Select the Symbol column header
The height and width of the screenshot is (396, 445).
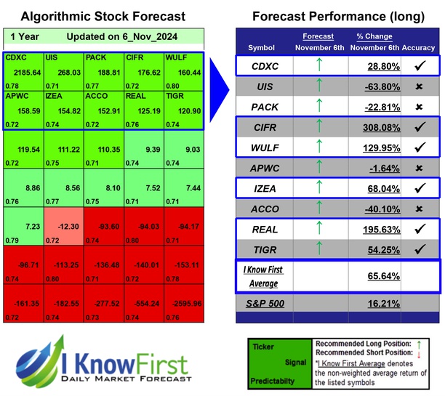tap(262, 48)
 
